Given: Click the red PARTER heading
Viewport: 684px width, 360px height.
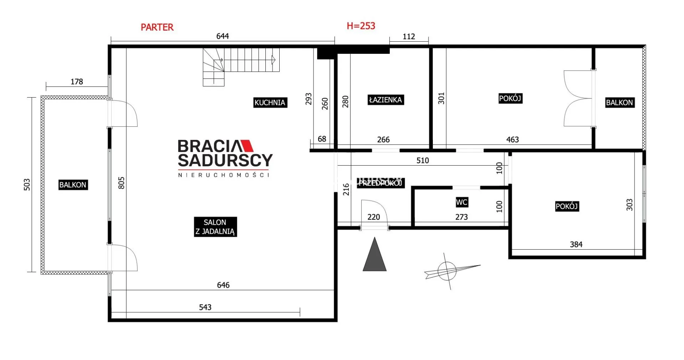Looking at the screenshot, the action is coord(157,27).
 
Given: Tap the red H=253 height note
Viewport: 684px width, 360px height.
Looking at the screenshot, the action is coord(361,26).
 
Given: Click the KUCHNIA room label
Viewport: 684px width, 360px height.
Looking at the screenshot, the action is coord(270,103).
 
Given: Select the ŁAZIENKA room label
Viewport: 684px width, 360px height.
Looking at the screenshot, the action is coord(385,100).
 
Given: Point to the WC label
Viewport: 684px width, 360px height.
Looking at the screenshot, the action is coord(462,202).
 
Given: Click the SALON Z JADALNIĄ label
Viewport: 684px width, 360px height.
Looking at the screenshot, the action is coord(215,227).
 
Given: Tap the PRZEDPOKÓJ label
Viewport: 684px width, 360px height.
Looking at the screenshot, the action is coord(380,183).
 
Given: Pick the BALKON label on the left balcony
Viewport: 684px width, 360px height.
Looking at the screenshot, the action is coord(73,185).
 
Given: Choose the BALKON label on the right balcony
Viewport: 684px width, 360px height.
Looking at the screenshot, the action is coord(620,103).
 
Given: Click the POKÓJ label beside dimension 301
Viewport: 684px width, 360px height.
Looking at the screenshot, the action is coord(510,98).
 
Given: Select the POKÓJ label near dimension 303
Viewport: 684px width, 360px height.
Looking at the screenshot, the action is coord(567,206).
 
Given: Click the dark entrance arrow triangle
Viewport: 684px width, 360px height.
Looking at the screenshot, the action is coord(374,255).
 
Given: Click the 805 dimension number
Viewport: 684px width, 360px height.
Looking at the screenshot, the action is coord(121,183).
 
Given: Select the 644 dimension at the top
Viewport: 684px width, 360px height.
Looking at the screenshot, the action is coord(223,36).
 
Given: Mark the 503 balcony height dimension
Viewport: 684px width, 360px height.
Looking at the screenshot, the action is coord(27,184).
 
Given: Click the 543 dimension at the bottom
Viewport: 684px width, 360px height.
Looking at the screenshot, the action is coord(205,307).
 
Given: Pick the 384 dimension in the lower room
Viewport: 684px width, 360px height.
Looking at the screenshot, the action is coord(576,244).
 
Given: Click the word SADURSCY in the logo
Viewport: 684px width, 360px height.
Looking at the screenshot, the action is coord(225,160).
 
